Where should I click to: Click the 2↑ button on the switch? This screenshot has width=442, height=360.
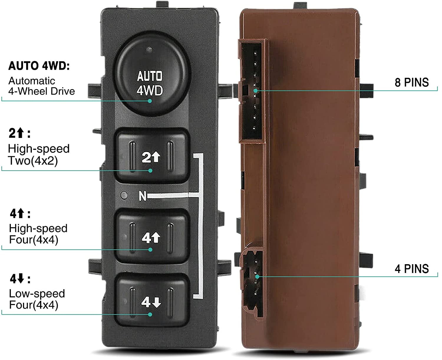(152, 156)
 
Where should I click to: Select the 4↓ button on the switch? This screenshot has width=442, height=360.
(152, 301)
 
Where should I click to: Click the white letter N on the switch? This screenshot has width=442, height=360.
(143, 196)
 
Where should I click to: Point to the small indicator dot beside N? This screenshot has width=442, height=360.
(124, 195)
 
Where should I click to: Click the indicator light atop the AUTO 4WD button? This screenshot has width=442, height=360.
(149, 50)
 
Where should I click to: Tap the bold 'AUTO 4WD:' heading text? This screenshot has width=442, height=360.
(39, 66)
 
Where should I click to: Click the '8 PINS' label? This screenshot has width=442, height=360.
(412, 82)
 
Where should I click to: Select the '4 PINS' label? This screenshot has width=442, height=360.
(412, 269)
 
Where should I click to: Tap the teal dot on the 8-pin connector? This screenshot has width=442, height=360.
(256, 91)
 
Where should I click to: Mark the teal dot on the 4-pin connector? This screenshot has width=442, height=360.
(257, 277)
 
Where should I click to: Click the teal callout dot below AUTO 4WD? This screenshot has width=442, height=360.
(150, 101)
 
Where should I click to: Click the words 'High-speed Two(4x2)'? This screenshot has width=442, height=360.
(39, 155)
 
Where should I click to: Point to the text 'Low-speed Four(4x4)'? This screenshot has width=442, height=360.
(37, 299)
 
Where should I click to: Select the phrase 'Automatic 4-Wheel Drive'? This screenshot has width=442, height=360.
(42, 86)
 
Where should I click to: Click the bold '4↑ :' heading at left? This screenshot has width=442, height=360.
(20, 213)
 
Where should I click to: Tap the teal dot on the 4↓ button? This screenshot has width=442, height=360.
(150, 315)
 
